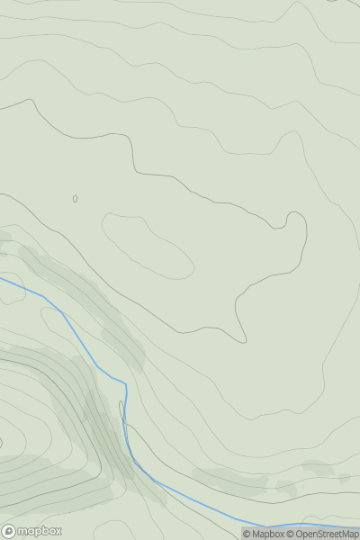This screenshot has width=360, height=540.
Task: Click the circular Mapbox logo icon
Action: click(x=9, y=532)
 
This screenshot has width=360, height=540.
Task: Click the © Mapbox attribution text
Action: click(x=264, y=534)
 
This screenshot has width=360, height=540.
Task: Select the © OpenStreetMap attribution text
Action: click(x=322, y=534)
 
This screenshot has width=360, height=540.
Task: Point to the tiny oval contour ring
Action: click(x=75, y=199)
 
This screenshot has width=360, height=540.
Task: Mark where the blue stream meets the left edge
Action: click(x=1, y=278)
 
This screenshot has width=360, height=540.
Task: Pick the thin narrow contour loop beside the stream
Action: click(x=121, y=412)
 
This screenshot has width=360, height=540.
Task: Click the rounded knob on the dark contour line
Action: click(x=294, y=219)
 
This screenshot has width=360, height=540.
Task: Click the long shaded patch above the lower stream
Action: click(x=229, y=479)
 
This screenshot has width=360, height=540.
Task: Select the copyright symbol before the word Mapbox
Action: click(x=247, y=534)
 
